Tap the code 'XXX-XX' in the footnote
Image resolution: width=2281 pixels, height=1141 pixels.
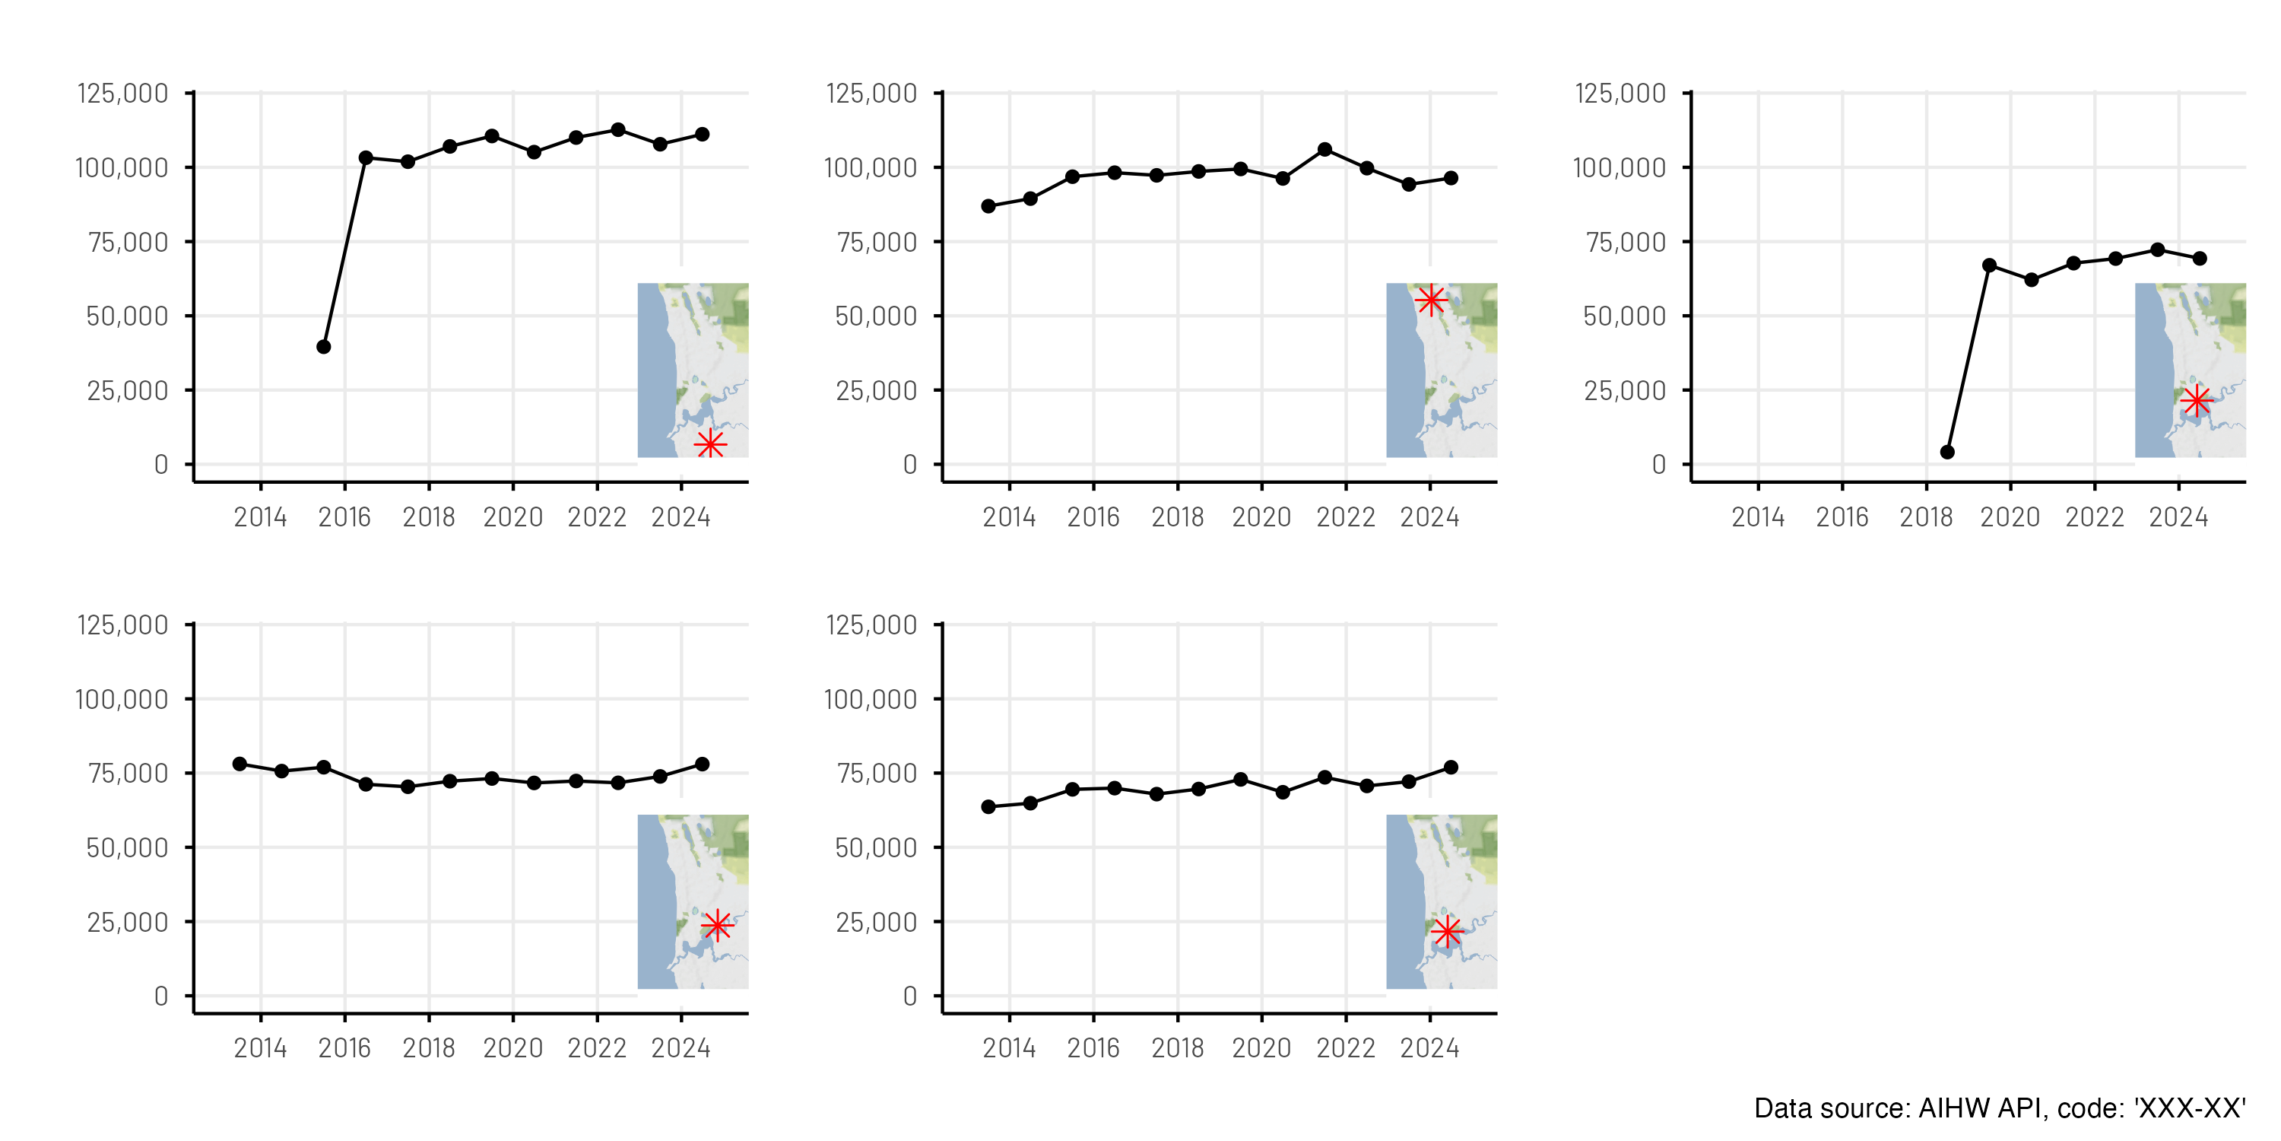coord(2189,1108)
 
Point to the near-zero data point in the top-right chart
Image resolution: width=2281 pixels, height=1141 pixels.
coord(1947,452)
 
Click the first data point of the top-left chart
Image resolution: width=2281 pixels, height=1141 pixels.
coord(324,346)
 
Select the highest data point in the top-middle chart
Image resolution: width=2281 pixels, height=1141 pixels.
coord(1325,150)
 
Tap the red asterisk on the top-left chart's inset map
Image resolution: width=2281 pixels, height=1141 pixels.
coord(710,443)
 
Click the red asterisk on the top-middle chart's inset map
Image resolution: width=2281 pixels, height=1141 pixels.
coord(1431,300)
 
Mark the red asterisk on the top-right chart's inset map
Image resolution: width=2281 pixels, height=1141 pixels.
coord(2197,402)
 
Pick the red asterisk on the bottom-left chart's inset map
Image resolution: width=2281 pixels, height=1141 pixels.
coord(717,925)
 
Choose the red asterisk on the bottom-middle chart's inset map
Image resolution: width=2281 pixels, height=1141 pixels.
coord(1447,931)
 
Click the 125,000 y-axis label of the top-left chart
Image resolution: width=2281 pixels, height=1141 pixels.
coord(123,93)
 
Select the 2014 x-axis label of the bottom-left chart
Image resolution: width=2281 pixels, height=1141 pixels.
coord(260,1048)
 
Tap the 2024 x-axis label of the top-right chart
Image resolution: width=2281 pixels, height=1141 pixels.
coord(2178,516)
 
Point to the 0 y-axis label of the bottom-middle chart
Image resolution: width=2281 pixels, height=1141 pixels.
coord(909,996)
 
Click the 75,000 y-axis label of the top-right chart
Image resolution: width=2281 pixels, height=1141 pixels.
coord(1625,242)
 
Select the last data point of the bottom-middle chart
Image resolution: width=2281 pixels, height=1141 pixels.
coord(1451,768)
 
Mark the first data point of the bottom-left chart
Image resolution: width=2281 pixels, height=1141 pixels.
coord(240,764)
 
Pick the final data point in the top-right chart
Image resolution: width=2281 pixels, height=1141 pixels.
coord(2200,259)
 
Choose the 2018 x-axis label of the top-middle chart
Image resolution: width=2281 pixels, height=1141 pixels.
coord(1177,516)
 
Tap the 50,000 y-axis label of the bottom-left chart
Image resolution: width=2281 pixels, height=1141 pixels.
coord(127,848)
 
